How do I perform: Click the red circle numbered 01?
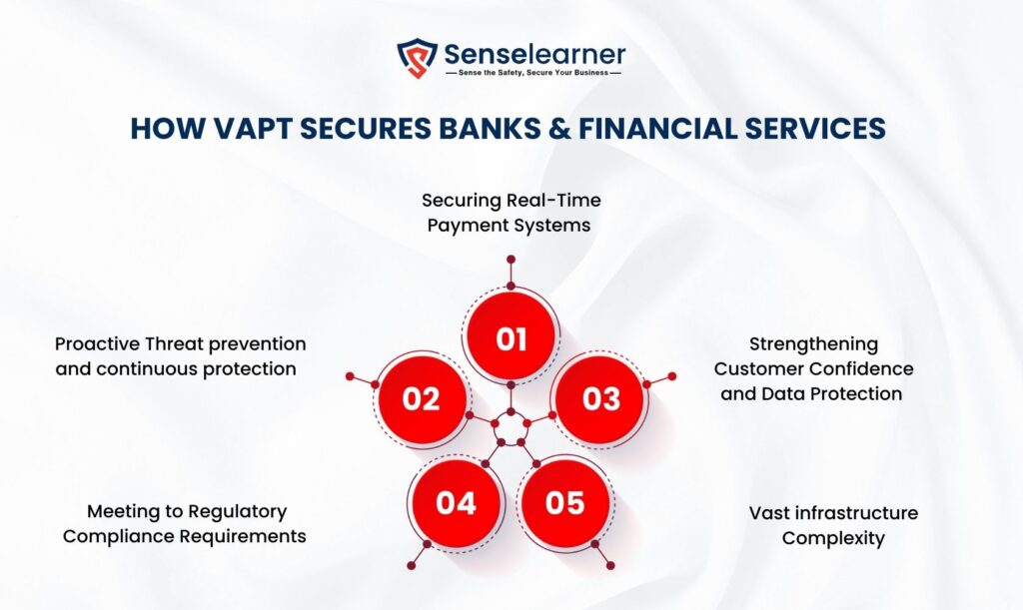(x=511, y=335)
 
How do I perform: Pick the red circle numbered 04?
(x=456, y=502)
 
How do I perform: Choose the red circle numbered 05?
(x=565, y=502)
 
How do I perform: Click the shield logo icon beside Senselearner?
(x=417, y=57)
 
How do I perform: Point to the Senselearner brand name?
(x=534, y=54)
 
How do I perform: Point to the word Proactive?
(x=97, y=343)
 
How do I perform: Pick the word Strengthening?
(x=813, y=344)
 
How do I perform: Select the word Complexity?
(x=833, y=538)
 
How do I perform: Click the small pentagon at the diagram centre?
(x=511, y=427)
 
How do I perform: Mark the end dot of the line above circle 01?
(x=511, y=260)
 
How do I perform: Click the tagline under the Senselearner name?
(x=533, y=72)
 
